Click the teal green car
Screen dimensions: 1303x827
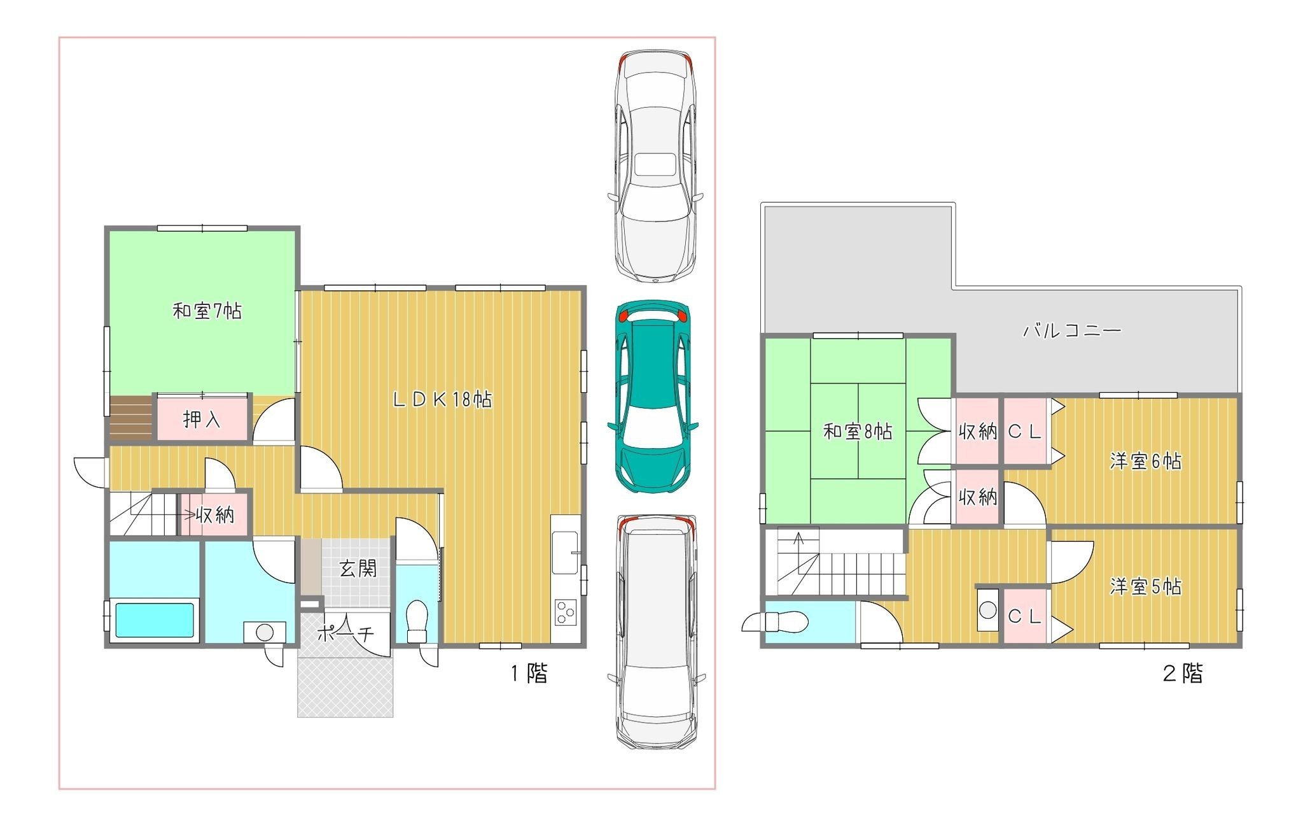(x=653, y=395)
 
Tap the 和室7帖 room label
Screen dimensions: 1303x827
(x=207, y=311)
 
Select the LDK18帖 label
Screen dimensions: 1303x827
(x=442, y=399)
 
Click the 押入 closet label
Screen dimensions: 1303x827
(x=202, y=420)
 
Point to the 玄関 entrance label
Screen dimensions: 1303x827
(x=358, y=569)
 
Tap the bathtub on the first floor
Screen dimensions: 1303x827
(x=154, y=620)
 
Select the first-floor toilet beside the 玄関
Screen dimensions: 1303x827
(x=417, y=621)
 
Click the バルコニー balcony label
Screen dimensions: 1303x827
(x=1072, y=330)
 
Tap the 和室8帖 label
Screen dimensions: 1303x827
(x=858, y=432)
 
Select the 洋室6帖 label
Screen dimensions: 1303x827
(x=1145, y=461)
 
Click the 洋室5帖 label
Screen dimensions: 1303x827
(x=1145, y=586)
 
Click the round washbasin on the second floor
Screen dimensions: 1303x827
(x=987, y=609)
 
